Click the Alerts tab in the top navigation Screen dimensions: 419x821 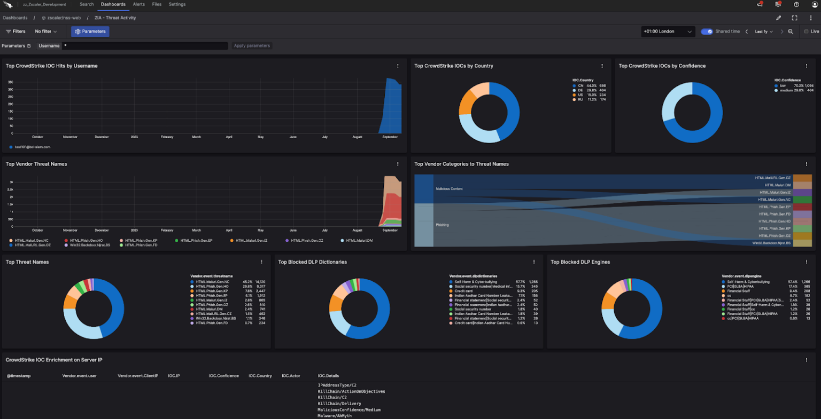click(138, 4)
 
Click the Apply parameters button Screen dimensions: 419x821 click(252, 46)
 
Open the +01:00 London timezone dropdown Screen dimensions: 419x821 click(668, 31)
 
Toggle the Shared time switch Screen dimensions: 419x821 click(707, 31)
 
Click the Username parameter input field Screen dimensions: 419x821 click(144, 46)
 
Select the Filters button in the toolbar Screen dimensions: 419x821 click(16, 31)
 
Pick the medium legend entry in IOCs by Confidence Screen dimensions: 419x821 click(786, 90)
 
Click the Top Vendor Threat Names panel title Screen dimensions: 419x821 click(36, 164)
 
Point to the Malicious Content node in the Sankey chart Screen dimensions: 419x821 click(449, 189)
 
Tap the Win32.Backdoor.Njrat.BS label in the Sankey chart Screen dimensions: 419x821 click(771, 243)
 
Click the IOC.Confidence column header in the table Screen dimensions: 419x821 click(223, 376)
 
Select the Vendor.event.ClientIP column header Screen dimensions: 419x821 click(138, 376)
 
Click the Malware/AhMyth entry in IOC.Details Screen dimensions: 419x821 click(335, 416)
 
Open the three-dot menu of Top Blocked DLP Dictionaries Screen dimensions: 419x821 click(534, 262)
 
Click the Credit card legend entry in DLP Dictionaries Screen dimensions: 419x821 click(463, 291)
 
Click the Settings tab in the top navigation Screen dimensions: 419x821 click(177, 4)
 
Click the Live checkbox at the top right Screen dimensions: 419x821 click(807, 31)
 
